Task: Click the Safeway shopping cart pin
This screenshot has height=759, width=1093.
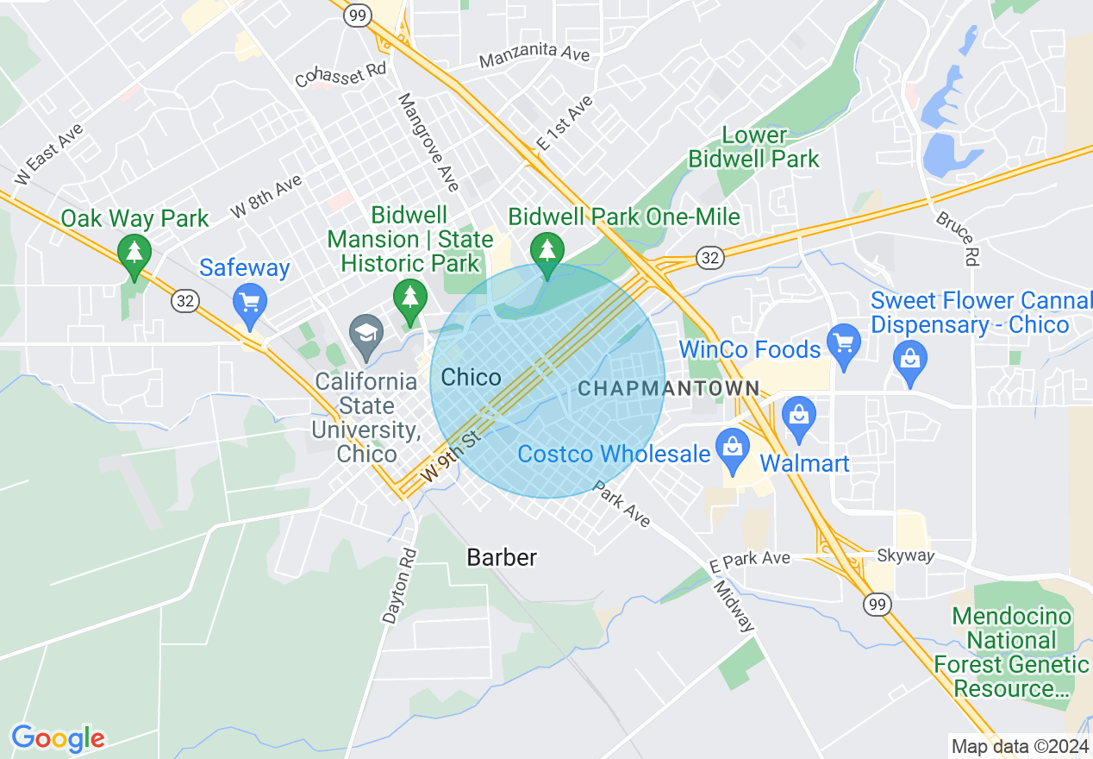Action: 250,303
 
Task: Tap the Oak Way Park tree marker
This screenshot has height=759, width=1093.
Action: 134,254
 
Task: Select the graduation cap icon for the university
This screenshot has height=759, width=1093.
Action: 366,333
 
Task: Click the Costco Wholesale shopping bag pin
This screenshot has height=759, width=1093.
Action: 733,448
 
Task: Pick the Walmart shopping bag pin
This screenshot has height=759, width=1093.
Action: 799,414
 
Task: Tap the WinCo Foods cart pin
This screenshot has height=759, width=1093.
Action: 844,343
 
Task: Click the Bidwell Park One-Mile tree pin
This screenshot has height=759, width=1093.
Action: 546,252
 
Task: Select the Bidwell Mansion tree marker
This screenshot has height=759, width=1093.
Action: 410,298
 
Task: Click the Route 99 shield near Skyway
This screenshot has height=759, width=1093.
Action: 878,605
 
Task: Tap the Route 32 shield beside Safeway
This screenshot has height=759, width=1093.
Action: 185,300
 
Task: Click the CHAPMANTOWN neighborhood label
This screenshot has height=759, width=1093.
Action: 669,389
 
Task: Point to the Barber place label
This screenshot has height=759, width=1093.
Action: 502,558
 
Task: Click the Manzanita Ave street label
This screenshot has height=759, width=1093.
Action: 534,57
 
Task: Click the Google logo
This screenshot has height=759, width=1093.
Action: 58,738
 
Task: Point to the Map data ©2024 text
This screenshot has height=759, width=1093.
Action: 1017,745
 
